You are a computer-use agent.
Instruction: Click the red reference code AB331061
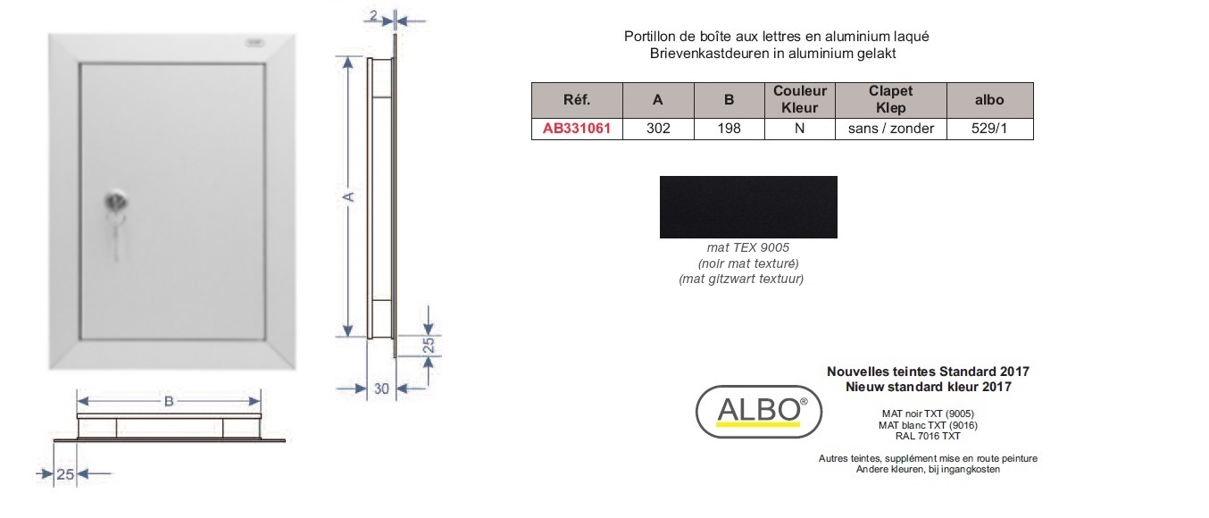577,129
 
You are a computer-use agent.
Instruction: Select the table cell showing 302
658,129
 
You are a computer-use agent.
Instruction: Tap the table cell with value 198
729,129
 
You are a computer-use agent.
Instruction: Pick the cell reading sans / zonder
890,129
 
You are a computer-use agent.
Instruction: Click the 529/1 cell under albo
989,129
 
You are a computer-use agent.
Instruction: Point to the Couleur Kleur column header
799,100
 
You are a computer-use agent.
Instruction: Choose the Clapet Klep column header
890,100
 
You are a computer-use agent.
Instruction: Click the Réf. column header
577,100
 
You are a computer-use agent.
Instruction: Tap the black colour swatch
748,206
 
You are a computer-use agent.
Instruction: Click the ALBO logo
758,411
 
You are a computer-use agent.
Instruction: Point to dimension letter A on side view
348,197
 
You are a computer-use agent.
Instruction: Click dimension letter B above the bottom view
169,402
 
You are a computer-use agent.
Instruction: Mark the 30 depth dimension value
381,388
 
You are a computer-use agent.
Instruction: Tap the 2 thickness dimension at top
373,16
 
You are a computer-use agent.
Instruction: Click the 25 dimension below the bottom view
65,474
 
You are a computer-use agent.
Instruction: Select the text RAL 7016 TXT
928,436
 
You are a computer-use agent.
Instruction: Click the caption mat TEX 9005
747,247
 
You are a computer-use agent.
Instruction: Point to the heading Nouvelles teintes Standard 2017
928,372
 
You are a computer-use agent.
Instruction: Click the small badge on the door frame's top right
254,43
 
